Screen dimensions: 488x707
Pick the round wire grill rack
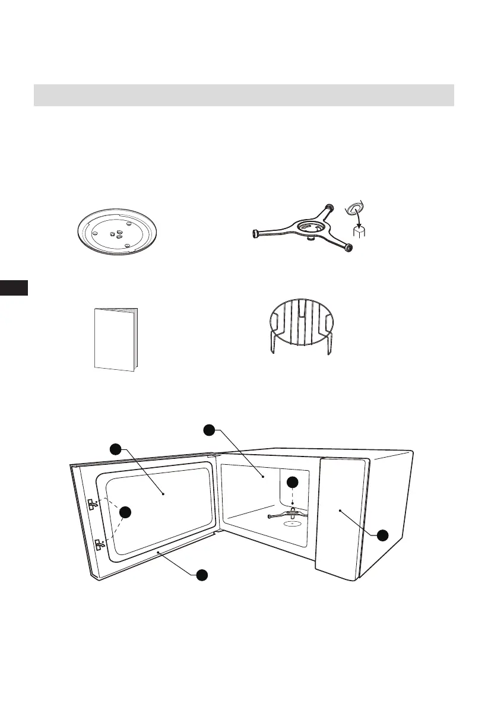pyautogui.click(x=299, y=326)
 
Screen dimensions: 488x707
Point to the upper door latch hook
pyautogui.click(x=93, y=505)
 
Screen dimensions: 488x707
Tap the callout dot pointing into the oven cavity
pyautogui.click(x=208, y=430)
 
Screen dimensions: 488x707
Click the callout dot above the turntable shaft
pyautogui.click(x=292, y=482)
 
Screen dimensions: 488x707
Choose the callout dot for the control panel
pyautogui.click(x=382, y=535)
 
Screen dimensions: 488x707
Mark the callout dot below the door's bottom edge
pyautogui.click(x=202, y=575)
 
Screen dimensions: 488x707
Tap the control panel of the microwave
pyautogui.click(x=342, y=511)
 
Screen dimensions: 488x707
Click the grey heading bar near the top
pyautogui.click(x=243, y=95)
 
